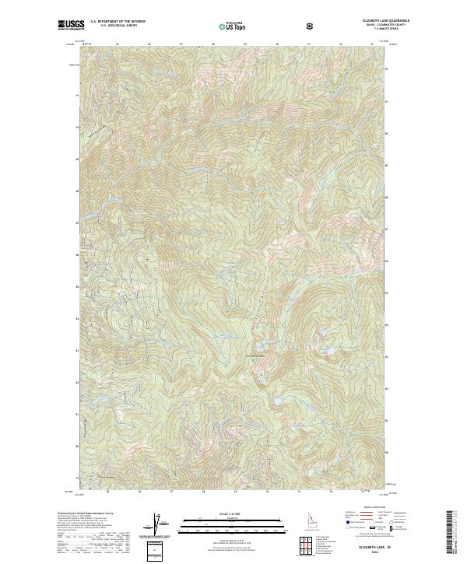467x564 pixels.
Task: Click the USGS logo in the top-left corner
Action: pos(69,26)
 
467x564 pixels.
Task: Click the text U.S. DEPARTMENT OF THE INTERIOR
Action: pos(118,23)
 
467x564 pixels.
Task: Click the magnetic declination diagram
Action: pos(156,524)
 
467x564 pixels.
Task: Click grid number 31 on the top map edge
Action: pos(309,44)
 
